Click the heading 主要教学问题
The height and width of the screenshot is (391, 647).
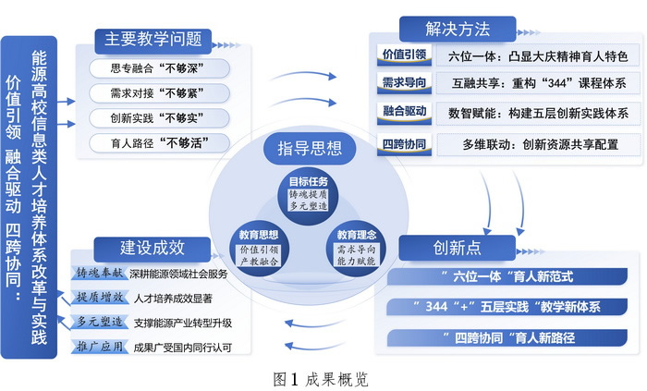click(x=153, y=39)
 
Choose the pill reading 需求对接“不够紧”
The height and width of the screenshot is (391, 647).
click(x=158, y=92)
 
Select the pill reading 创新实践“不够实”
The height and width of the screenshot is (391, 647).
click(x=158, y=117)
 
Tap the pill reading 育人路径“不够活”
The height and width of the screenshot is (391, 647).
click(x=158, y=142)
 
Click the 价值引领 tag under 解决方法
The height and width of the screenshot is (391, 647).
click(x=404, y=55)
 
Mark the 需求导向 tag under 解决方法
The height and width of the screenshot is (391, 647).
click(x=404, y=84)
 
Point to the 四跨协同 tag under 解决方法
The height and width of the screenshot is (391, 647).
click(x=404, y=143)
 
